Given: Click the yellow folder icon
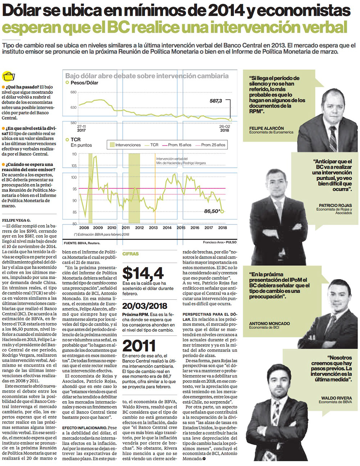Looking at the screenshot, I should click(9, 77).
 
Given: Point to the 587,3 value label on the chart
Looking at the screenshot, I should click(216, 101).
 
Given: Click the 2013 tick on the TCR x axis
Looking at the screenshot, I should click(153, 228).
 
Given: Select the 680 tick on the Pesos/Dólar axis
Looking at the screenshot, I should click(73, 93).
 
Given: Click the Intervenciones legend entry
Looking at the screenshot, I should click(125, 145).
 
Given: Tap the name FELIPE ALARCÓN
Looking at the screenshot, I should click(266, 128).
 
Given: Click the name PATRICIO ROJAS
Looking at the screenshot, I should click(335, 205).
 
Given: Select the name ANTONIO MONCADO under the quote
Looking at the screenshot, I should click(269, 323).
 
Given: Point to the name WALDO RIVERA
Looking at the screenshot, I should click(337, 398).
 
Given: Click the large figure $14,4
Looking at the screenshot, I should click(143, 273).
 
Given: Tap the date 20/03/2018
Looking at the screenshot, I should click(145, 306).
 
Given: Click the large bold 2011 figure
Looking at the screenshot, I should click(139, 346).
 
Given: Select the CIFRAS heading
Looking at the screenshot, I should click(130, 254).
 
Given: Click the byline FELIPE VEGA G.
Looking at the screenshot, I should click(16, 220).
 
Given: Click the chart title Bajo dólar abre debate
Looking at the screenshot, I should click(147, 76).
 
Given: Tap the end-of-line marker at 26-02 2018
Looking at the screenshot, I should click(230, 120).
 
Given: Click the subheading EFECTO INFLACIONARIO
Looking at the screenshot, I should click(85, 428).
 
